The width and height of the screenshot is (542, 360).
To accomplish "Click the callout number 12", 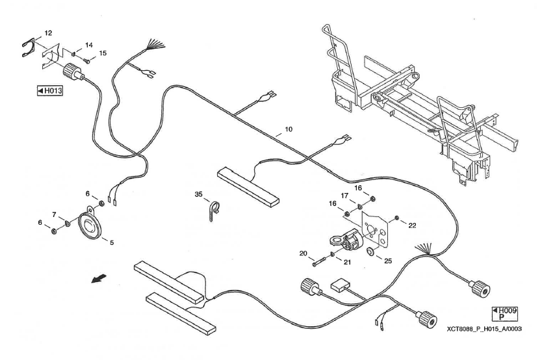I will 48,32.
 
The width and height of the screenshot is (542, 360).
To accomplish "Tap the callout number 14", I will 89,45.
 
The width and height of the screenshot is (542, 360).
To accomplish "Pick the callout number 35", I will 199,194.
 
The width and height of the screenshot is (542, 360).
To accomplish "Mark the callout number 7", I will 55,214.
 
